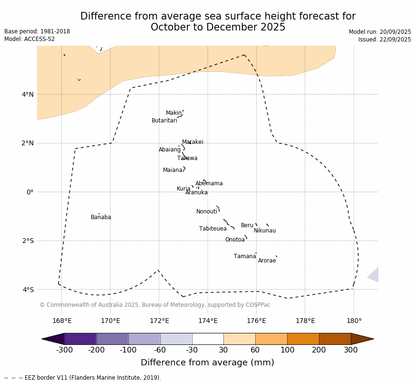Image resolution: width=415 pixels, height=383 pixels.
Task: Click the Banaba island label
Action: point(101,218)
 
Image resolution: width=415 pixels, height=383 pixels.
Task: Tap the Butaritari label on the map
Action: point(164,121)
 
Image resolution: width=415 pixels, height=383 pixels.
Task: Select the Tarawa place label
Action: point(187,159)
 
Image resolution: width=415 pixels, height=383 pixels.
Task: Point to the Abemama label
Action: point(209,184)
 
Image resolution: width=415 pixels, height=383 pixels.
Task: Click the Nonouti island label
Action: point(207,212)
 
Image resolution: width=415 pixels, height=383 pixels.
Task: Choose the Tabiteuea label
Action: point(213,229)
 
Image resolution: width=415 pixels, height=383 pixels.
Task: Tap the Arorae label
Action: point(267,261)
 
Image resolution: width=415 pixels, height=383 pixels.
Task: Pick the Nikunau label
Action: point(265,231)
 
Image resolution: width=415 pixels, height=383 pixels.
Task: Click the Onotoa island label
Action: point(235,240)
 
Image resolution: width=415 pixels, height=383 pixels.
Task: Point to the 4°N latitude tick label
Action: point(28,94)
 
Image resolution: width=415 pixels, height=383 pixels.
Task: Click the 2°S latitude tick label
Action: point(28,241)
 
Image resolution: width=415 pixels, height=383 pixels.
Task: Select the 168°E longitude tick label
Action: point(62,321)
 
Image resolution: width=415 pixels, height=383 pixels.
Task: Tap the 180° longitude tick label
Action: point(354,321)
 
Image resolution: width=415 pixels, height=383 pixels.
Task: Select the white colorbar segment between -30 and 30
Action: point(208,339)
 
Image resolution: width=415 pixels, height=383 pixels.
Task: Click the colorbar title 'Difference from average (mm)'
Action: point(207,363)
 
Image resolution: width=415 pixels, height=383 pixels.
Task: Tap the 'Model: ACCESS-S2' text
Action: point(29,39)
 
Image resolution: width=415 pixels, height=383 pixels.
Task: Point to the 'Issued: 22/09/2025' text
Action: point(385,40)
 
